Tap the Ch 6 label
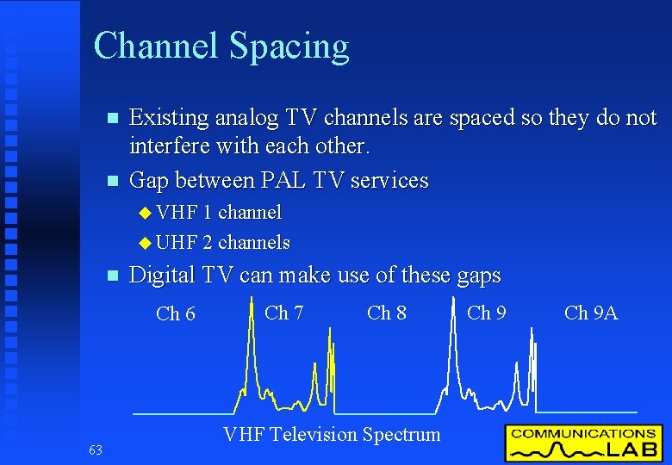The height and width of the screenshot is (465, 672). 176,314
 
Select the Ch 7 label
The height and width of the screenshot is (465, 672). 283,313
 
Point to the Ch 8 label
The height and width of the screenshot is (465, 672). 387,313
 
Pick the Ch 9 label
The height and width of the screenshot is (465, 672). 487,313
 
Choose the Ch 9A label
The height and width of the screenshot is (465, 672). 591,313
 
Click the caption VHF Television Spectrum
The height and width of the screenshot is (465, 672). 332,434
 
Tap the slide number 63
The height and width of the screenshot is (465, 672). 95,449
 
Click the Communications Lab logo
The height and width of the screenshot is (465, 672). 583,443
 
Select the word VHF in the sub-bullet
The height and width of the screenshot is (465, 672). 178,212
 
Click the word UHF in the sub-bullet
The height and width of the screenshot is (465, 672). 178,243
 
